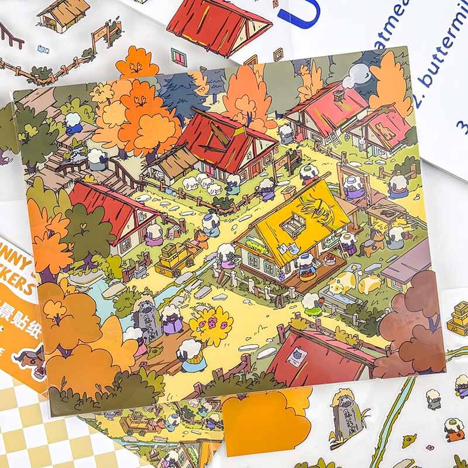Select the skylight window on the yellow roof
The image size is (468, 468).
pyautogui.click(x=292, y=223)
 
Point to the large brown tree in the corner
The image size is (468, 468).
pyautogui.click(x=409, y=325)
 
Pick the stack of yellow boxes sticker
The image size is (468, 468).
pyautogui.click(x=459, y=316)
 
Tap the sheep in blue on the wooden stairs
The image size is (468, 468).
pyautogui.click(x=73, y=123)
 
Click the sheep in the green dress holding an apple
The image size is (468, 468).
pyautogui.click(x=311, y=302)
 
